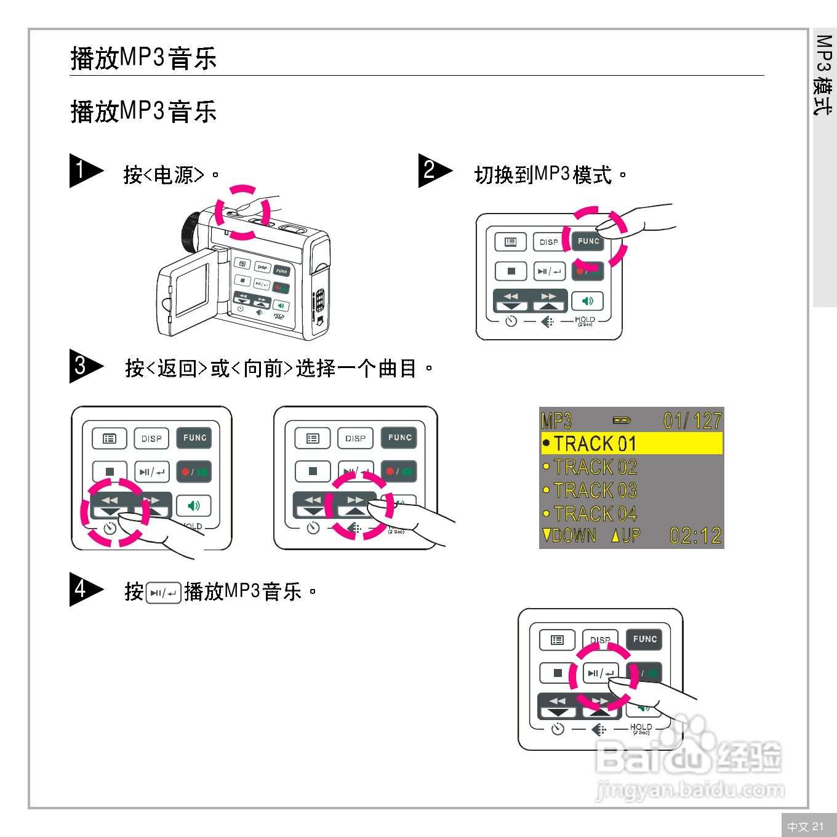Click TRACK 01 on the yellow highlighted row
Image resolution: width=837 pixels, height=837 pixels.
[x=594, y=444]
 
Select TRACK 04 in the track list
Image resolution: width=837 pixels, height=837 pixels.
[x=594, y=514]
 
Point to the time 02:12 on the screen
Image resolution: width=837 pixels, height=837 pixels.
[x=695, y=535]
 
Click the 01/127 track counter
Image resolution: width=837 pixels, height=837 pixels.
[x=692, y=421]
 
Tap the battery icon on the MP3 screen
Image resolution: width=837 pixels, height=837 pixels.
[x=622, y=420]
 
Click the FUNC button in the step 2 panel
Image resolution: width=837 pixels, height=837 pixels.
[x=588, y=241]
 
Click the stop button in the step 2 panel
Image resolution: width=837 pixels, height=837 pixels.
[x=511, y=271]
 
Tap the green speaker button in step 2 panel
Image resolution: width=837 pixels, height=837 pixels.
[x=587, y=301]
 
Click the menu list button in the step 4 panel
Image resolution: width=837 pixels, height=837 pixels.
[x=557, y=640]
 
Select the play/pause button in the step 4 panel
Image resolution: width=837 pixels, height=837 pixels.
[x=600, y=673]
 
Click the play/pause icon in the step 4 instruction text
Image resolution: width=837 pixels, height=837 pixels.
[x=164, y=593]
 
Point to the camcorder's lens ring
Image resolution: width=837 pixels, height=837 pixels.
[x=190, y=233]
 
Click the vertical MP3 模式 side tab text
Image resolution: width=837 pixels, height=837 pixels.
[x=823, y=74]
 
